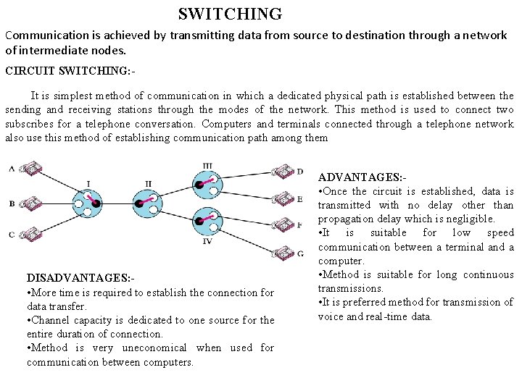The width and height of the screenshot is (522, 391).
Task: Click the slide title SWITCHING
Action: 230,14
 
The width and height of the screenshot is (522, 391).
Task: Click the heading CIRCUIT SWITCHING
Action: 70,71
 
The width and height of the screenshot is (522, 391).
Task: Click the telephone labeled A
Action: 30,170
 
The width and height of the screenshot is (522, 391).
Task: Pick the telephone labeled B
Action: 30,203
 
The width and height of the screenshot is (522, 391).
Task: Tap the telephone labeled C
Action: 30,233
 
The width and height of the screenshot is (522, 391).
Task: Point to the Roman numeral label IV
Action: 207,241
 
